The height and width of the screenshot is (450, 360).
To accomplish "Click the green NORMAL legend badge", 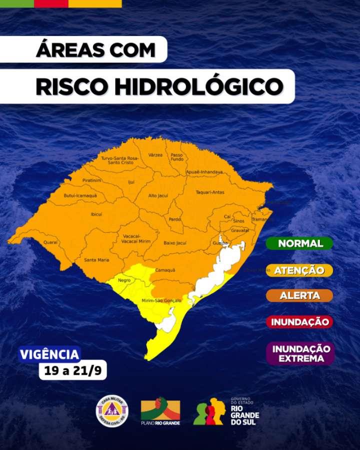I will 299,243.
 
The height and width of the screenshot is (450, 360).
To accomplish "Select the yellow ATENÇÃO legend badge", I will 299,270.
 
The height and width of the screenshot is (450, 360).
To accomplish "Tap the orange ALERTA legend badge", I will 299,295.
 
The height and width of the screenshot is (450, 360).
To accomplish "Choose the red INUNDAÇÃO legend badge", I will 299,322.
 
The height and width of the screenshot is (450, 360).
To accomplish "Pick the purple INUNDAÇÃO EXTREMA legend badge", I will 300,353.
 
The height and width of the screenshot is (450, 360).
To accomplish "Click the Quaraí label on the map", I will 50,242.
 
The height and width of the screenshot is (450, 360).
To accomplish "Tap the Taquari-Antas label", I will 210,192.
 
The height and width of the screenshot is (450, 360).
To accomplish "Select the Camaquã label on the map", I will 165,270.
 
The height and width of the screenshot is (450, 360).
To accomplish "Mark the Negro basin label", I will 124,280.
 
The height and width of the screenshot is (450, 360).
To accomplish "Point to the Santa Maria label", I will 96,259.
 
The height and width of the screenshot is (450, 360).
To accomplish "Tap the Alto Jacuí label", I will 158,196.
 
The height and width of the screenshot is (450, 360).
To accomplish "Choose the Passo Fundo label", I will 177,157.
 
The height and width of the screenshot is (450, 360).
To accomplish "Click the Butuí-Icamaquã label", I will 80,195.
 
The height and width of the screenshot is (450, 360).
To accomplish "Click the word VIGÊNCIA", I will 49,354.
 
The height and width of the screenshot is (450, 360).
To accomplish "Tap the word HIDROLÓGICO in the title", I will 199,86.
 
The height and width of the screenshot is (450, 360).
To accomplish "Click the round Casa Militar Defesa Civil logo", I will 112,411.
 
